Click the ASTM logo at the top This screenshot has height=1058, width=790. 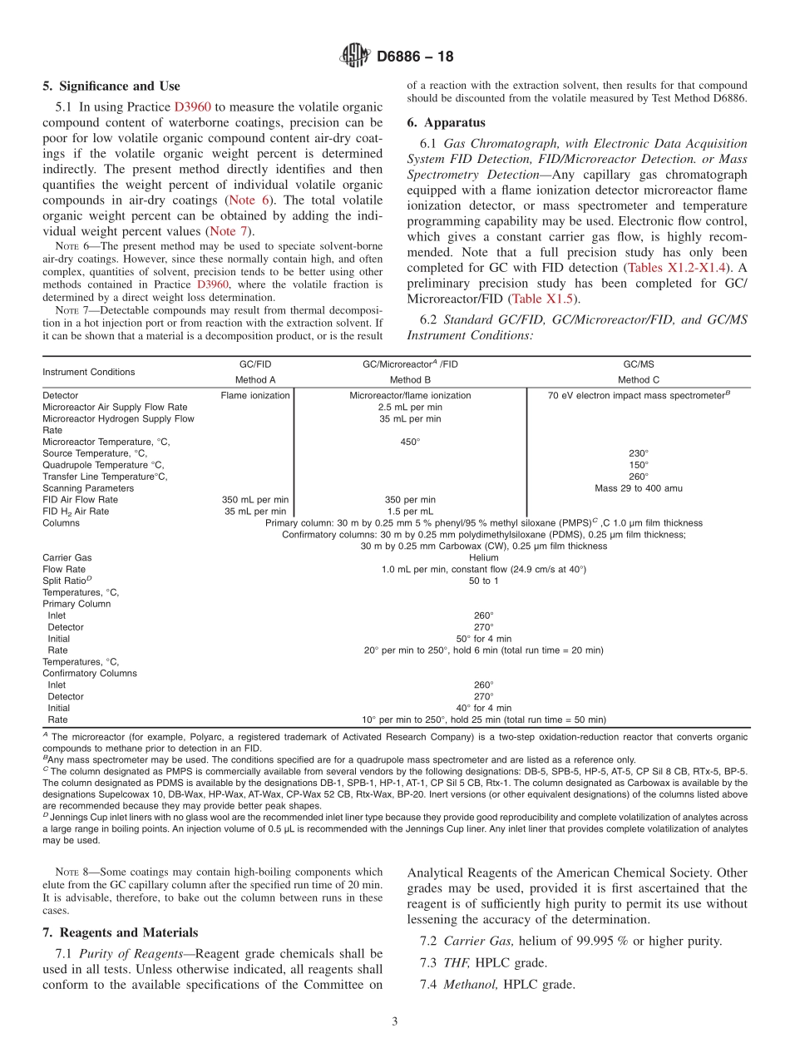(355, 57)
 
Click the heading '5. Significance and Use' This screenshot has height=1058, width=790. (111, 86)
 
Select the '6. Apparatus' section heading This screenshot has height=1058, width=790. (446, 122)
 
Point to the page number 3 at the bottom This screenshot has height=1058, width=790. (395, 1021)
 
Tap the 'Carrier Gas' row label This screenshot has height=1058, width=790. (67, 557)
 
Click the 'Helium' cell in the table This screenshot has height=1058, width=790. (483, 557)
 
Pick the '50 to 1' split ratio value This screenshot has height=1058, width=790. (483, 581)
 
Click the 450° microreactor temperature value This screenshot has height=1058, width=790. (409, 442)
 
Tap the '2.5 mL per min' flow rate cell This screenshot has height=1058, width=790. (409, 408)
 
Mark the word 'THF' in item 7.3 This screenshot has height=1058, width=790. (457, 962)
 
